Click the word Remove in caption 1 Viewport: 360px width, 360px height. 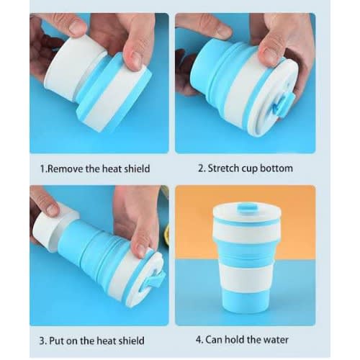click(x=64, y=168)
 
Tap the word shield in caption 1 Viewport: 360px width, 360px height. click(x=137, y=168)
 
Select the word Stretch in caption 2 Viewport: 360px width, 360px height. click(x=223, y=168)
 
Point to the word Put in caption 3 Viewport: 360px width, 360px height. click(x=57, y=341)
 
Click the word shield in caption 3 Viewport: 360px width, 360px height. click(x=131, y=341)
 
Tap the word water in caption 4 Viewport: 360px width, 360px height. click(x=276, y=340)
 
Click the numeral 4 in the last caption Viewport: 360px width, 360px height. click(x=199, y=340)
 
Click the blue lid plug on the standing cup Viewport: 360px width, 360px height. click(x=247, y=207)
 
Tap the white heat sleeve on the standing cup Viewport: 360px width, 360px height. click(x=247, y=277)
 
